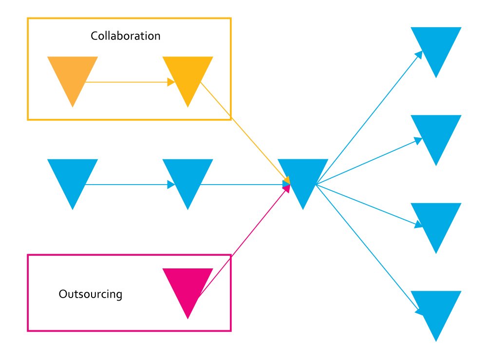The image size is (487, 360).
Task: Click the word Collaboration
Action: point(125,36)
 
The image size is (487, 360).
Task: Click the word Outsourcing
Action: point(90,294)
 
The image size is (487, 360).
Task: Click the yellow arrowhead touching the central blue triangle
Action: point(287,181)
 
